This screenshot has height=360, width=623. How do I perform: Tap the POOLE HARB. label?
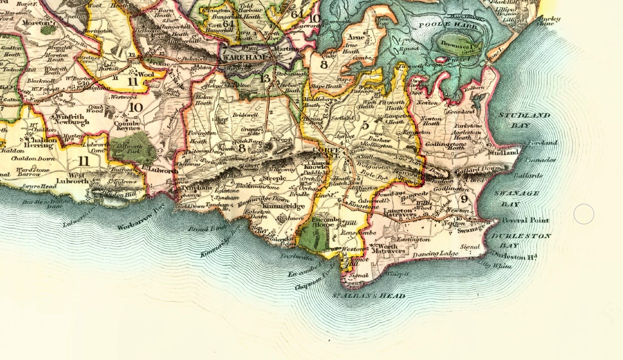tap(448, 25)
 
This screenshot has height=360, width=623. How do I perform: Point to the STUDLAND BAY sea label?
tap(524, 120)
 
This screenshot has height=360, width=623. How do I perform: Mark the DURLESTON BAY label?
tap(520, 241)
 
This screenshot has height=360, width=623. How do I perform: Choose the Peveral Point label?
tap(525, 220)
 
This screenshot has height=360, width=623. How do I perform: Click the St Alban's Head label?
tap(369, 296)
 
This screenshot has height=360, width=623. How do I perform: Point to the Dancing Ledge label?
tap(435, 254)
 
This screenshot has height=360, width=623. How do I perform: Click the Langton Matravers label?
tap(400, 212)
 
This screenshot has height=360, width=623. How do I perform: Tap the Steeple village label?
tap(274, 178)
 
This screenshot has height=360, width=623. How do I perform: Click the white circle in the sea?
tap(583, 214)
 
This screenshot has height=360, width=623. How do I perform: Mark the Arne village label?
tap(356, 37)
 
